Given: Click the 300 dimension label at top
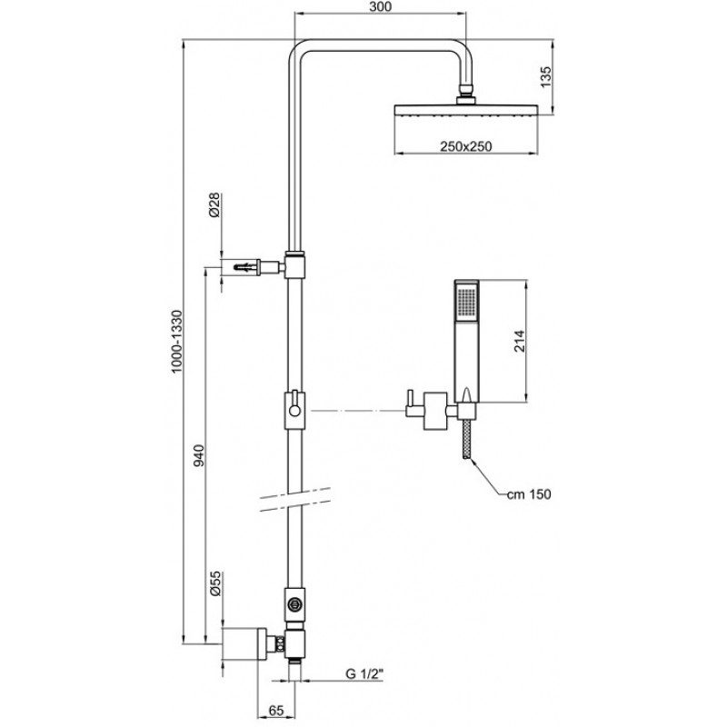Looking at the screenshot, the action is coord(380,7).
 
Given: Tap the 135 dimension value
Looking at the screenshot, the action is coord(546,76).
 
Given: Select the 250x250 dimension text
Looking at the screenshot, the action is coord(465,146).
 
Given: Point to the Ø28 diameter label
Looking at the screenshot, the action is coord(214,205).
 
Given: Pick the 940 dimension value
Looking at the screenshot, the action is coord(198,455).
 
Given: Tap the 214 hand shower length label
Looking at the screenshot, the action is coord(520,341).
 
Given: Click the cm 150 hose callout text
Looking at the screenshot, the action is coord(529,494).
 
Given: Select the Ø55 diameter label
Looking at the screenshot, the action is coord(215,583).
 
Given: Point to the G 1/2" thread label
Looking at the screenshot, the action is coord(365,673).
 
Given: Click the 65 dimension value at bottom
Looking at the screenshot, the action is coord(276,711).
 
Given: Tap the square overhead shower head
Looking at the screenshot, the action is coord(466,110).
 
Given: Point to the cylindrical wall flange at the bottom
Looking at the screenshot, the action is coord(244,644).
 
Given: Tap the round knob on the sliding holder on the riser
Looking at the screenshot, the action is coord(294,411).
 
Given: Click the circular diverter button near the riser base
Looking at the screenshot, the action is coord(294,603).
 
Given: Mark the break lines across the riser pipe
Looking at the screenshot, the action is coord(294,499).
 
